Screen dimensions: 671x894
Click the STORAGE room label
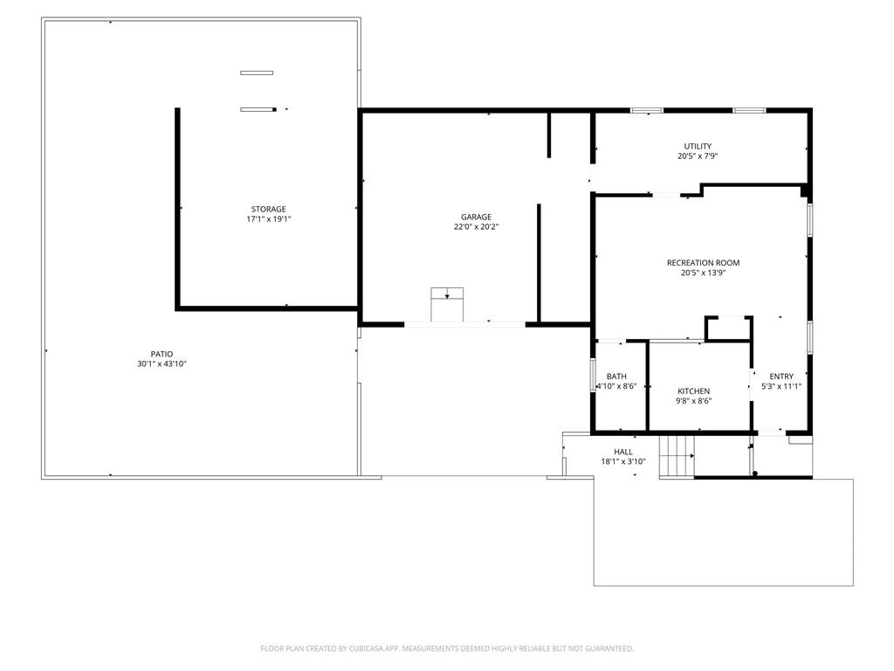point(268,210)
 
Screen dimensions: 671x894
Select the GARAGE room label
point(477,218)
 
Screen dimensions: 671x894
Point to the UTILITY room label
point(698,147)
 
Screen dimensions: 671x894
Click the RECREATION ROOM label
point(703,263)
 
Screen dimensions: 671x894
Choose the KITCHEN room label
point(694,391)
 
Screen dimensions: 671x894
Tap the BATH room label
point(616,377)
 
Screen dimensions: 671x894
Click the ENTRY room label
point(781,377)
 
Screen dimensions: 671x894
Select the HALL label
point(623,452)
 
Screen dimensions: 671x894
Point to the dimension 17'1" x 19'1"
point(268,219)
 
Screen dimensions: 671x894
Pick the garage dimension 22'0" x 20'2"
point(477,227)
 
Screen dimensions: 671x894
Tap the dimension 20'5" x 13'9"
point(703,273)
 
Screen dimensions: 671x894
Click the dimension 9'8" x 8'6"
point(694,401)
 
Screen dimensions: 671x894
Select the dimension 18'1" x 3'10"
point(623,461)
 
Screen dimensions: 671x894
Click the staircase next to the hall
point(676,455)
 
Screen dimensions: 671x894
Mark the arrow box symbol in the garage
point(447,296)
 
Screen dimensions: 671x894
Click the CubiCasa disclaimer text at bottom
point(447,648)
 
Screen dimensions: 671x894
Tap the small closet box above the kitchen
point(728,328)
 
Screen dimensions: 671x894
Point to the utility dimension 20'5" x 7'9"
point(698,156)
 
